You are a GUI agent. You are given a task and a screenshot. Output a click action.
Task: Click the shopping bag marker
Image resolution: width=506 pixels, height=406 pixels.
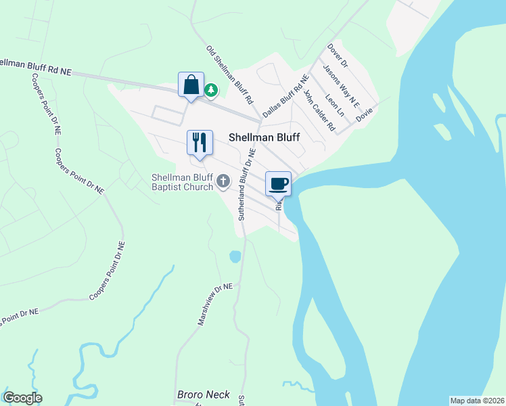191,85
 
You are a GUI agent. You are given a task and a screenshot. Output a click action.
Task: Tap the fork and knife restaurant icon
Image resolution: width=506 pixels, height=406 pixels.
200,143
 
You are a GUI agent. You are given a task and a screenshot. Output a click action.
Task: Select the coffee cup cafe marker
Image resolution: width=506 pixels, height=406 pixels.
279,183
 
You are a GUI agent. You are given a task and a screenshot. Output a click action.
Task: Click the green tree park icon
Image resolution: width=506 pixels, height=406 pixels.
211,89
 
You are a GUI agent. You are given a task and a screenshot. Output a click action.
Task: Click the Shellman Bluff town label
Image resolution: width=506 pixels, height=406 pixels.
264,136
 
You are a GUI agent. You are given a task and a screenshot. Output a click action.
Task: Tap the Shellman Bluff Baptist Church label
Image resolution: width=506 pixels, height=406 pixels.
182,182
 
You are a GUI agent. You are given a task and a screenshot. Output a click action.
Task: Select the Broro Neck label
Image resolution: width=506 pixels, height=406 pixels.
203,394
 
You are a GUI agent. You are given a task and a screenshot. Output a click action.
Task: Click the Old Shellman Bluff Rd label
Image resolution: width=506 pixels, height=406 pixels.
230,74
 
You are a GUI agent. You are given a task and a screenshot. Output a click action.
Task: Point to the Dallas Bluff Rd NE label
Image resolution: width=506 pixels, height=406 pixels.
285,99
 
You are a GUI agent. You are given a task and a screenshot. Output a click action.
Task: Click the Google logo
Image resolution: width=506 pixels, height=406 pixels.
22,398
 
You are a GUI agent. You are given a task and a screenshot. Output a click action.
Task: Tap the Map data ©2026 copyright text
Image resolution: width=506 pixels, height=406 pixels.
477,400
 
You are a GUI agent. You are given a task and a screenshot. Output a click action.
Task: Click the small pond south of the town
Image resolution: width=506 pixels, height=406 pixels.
235,256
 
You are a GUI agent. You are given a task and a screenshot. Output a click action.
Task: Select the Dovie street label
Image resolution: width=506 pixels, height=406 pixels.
364,113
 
